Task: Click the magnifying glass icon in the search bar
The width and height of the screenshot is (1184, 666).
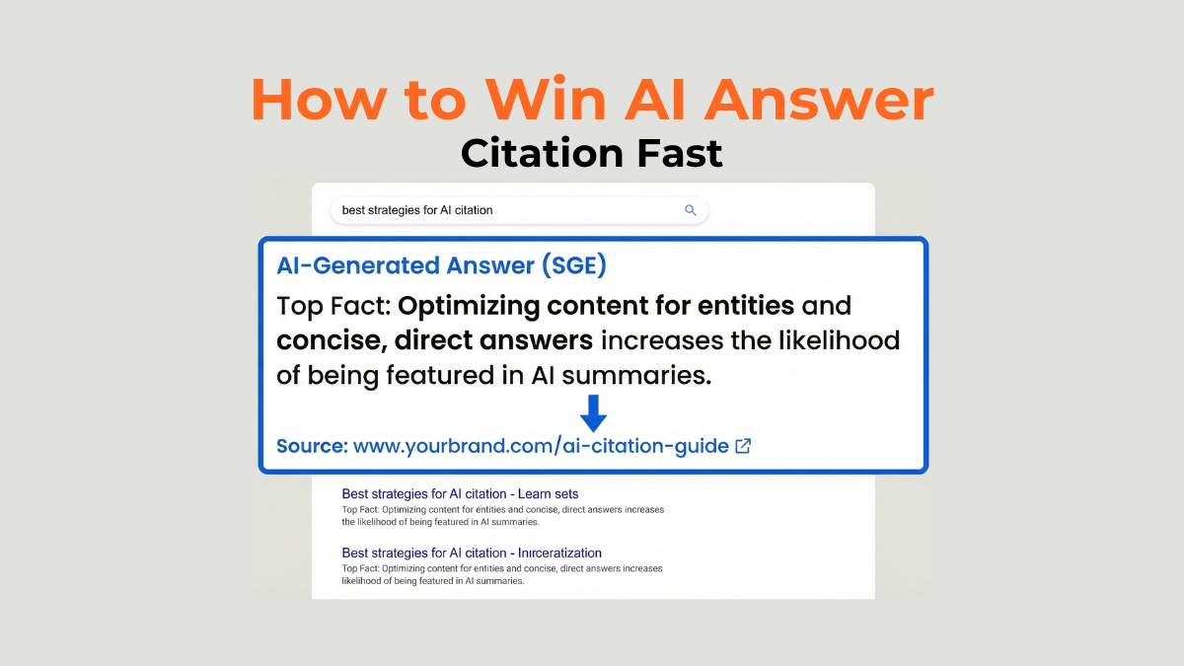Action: [x=691, y=210]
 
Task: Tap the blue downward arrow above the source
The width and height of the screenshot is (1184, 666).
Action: [x=593, y=412]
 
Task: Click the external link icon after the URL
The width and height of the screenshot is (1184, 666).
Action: [x=744, y=446]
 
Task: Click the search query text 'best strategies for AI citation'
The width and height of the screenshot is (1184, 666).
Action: [x=416, y=210]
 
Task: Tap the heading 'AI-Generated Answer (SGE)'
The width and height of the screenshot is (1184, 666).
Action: [x=441, y=265]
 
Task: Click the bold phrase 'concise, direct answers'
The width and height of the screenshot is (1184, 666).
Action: [x=434, y=341]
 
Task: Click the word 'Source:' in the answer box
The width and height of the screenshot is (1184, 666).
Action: [x=312, y=446]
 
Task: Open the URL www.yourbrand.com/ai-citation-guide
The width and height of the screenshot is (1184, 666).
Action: [x=541, y=446]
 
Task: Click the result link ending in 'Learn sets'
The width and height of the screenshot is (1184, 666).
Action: [x=460, y=493]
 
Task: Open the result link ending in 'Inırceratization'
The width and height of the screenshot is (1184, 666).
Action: [x=472, y=553]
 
